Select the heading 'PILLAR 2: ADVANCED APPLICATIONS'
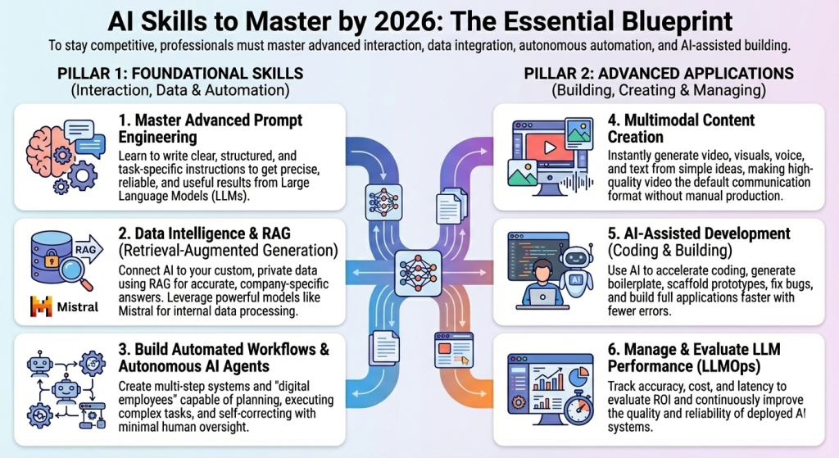pos(659,73)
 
